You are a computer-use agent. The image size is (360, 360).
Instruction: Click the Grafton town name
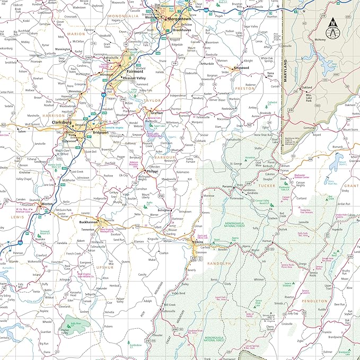coord(157,113)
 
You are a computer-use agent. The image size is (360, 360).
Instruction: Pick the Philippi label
coord(153,171)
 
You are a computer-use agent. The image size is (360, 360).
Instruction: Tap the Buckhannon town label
coord(89,222)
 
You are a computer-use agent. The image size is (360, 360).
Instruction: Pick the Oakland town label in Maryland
coord(306,89)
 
